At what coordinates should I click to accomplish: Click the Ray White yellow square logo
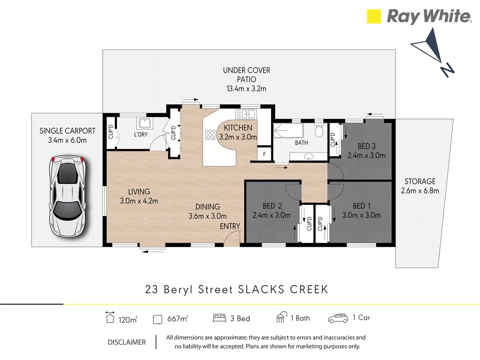[374, 16]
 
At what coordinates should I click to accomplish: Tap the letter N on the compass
[447, 70]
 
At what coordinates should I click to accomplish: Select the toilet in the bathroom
[319, 130]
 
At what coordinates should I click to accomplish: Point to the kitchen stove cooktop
[210, 135]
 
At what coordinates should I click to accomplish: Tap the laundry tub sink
[144, 123]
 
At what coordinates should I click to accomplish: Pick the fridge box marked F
[264, 154]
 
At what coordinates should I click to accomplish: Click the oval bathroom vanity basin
[308, 157]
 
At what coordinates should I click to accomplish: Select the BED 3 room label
[367, 146]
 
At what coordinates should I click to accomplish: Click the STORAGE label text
[420, 181]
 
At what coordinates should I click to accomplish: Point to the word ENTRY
[230, 226]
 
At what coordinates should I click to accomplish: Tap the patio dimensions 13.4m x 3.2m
[247, 89]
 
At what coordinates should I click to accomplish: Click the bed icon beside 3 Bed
[219, 318]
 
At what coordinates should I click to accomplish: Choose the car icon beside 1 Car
[338, 318]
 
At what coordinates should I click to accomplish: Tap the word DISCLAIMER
[127, 342]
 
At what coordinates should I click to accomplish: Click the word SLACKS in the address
[261, 290]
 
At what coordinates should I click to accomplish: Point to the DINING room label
[208, 207]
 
